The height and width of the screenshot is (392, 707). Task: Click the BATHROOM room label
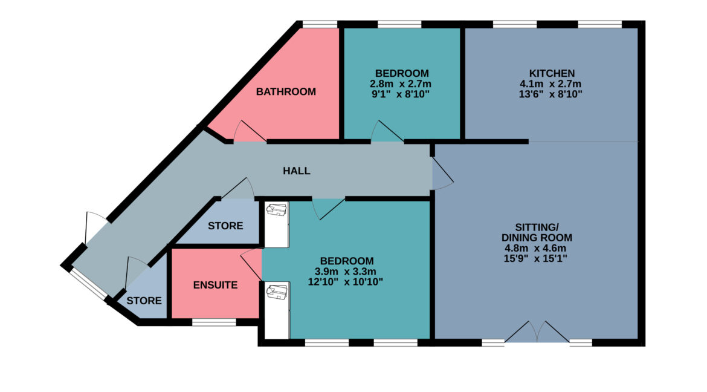point(286,92)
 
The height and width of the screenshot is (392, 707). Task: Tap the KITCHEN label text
point(552,73)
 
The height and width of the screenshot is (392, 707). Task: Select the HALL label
point(297,171)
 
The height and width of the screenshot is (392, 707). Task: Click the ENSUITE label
point(216,285)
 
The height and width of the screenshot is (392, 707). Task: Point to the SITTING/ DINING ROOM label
point(537,232)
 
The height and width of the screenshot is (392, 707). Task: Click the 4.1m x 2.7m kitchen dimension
point(550,84)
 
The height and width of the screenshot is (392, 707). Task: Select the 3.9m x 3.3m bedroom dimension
point(346,272)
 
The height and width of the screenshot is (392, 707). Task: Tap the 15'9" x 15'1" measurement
point(535,259)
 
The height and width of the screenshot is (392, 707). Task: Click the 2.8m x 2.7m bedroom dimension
point(401,84)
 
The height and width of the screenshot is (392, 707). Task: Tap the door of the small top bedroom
point(387,131)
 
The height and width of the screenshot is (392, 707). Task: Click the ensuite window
point(214,322)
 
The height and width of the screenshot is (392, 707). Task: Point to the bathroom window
point(320,24)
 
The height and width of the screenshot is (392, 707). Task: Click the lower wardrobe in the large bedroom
point(276,310)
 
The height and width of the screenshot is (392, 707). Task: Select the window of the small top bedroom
point(399,24)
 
